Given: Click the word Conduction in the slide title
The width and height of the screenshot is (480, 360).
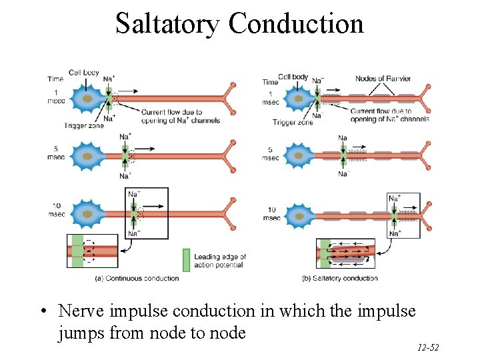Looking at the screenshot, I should click(296, 23).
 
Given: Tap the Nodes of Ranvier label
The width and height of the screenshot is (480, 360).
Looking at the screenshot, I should click(383, 79).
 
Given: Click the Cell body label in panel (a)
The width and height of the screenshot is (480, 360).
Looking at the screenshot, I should click(84, 73).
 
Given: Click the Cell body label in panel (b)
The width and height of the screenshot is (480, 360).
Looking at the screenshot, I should click(293, 77).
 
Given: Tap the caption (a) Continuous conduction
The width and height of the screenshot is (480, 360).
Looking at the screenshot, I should click(137, 278).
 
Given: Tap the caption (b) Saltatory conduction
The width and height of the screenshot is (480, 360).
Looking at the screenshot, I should click(340, 278).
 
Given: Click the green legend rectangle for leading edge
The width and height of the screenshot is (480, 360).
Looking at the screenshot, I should click(187, 260).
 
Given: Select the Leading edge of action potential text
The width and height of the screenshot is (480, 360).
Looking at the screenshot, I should click(220, 261).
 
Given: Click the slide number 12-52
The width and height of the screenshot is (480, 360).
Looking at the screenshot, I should click(427, 347).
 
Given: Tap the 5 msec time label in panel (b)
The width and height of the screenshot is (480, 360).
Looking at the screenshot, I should click(270, 154).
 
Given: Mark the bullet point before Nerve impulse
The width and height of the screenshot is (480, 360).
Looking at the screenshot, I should click(43, 312).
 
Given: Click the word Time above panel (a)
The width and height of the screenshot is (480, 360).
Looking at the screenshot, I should click(56, 79).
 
